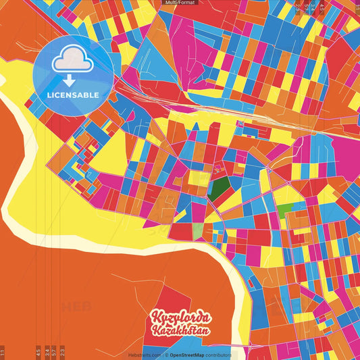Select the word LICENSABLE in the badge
pyautogui.click(x=72, y=94)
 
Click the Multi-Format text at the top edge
pyautogui.click(x=179, y=3)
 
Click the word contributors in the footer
pyautogui.click(x=219, y=355)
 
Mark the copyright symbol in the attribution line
pyautogui.click(x=166, y=355)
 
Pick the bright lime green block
pyautogui.click(x=286, y=209)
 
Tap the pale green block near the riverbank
pyautogui.click(x=197, y=231)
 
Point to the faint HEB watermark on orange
pyautogui.click(x=76, y=307)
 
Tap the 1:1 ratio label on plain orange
pyautogui.click(x=3, y=352)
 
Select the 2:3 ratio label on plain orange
pyautogui.click(x=62, y=352)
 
